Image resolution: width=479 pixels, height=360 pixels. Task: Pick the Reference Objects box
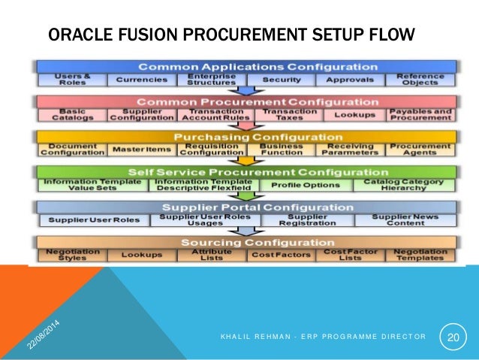pyautogui.click(x=416, y=79)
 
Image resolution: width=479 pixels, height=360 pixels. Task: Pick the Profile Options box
pyautogui.click(x=296, y=185)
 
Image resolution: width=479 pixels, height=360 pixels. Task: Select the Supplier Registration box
pyautogui.click(x=296, y=220)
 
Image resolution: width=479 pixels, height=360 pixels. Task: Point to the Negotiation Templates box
pyautogui.click(x=416, y=256)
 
